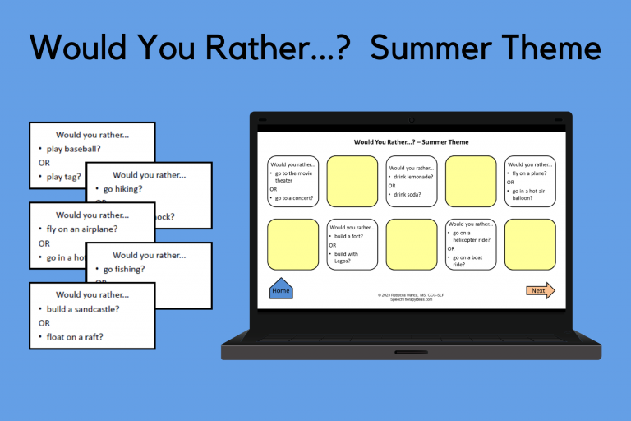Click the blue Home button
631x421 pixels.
coord(281,289)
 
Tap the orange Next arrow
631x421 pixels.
coord(540,290)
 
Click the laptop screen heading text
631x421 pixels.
coord(411,142)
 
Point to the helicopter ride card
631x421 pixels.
coord(470,244)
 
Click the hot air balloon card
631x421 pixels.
coord(529,181)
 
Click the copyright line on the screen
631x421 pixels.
coord(411,294)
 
